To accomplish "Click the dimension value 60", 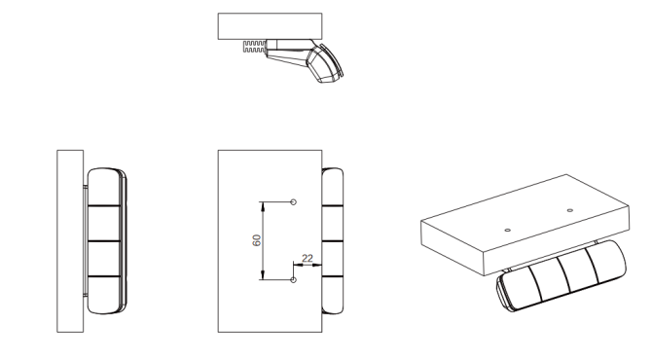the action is [x=257, y=240].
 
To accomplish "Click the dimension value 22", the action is [x=308, y=258].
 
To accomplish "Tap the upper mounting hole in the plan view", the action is [x=293, y=202].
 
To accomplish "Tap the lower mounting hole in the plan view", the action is [x=293, y=280].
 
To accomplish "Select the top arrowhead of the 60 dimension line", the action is [x=263, y=206].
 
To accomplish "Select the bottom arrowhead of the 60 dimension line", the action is [x=263, y=275].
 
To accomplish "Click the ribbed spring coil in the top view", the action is [x=254, y=46].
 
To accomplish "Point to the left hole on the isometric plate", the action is [x=507, y=230].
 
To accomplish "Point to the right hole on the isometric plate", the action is [x=569, y=210].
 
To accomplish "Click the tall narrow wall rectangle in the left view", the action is [x=70, y=241].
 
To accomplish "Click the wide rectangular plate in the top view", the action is [x=270, y=26].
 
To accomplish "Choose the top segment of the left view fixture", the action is [x=104, y=187].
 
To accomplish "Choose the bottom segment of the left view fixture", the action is [x=104, y=295].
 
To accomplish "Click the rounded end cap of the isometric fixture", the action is [x=504, y=292].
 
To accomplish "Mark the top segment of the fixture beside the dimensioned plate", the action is [x=332, y=187].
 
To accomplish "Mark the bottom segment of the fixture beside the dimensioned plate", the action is [x=332, y=295].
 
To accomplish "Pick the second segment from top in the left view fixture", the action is [x=104, y=223].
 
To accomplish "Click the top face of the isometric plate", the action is [x=525, y=212].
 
